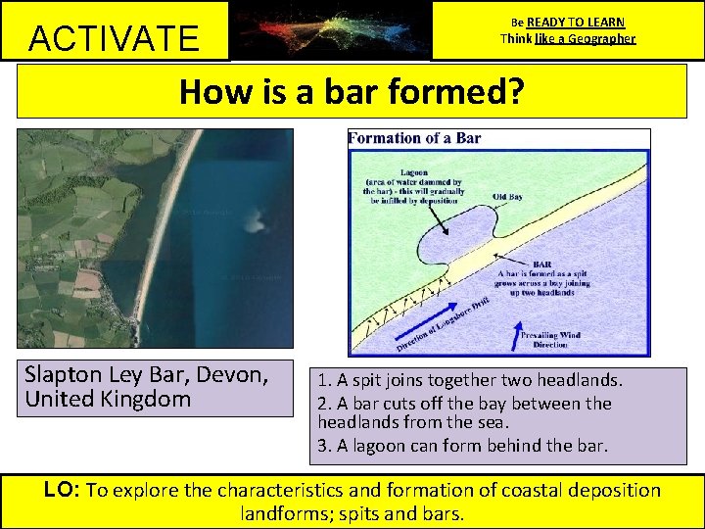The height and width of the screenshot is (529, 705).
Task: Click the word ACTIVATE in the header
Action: [114, 38]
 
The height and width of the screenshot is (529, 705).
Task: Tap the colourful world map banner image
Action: [330, 30]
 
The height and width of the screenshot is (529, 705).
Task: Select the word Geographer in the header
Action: [598, 39]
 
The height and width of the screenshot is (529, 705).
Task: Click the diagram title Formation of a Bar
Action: [415, 138]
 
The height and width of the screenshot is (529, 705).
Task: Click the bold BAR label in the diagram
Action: [540, 264]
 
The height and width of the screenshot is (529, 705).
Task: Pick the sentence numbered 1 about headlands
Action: [468, 380]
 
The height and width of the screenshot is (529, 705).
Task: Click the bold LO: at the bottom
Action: [63, 490]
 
